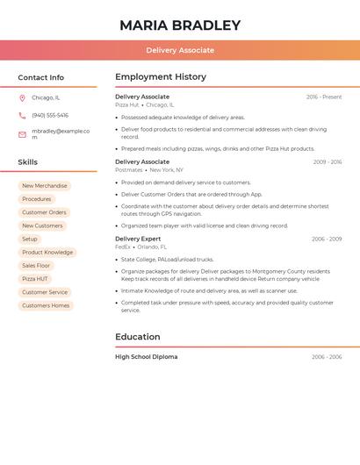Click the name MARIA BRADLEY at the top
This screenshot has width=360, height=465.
pyautogui.click(x=179, y=25)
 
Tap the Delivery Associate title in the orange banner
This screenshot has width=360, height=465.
pyautogui.click(x=180, y=51)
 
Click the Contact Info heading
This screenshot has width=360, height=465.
pyautogui.click(x=40, y=77)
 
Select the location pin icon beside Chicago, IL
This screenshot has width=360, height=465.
pyautogui.click(x=22, y=98)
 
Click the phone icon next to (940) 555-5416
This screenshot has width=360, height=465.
pyautogui.click(x=22, y=116)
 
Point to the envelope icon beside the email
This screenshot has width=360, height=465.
pyautogui.click(x=22, y=134)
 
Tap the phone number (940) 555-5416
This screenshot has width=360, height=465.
pyautogui.click(x=50, y=116)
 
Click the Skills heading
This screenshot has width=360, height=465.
pyautogui.click(x=27, y=162)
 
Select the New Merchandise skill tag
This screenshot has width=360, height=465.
pyautogui.click(x=44, y=186)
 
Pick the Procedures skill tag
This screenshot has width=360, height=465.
pyautogui.click(x=36, y=199)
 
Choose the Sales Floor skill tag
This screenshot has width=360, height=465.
pyautogui.click(x=36, y=266)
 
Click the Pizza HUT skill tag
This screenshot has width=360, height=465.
pyautogui.click(x=35, y=279)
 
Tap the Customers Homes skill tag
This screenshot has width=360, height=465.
pyautogui.click(x=46, y=305)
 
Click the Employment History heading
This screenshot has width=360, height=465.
pyautogui.click(x=161, y=77)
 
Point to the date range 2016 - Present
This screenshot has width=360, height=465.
pyautogui.click(x=324, y=97)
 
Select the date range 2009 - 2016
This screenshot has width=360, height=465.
pyautogui.click(x=328, y=162)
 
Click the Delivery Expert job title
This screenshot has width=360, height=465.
pyautogui.click(x=138, y=239)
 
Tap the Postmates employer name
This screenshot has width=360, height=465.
pyautogui.click(x=128, y=170)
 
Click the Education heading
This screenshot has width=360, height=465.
pyautogui.click(x=138, y=337)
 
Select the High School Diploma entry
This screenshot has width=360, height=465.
pyautogui.click(x=146, y=357)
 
